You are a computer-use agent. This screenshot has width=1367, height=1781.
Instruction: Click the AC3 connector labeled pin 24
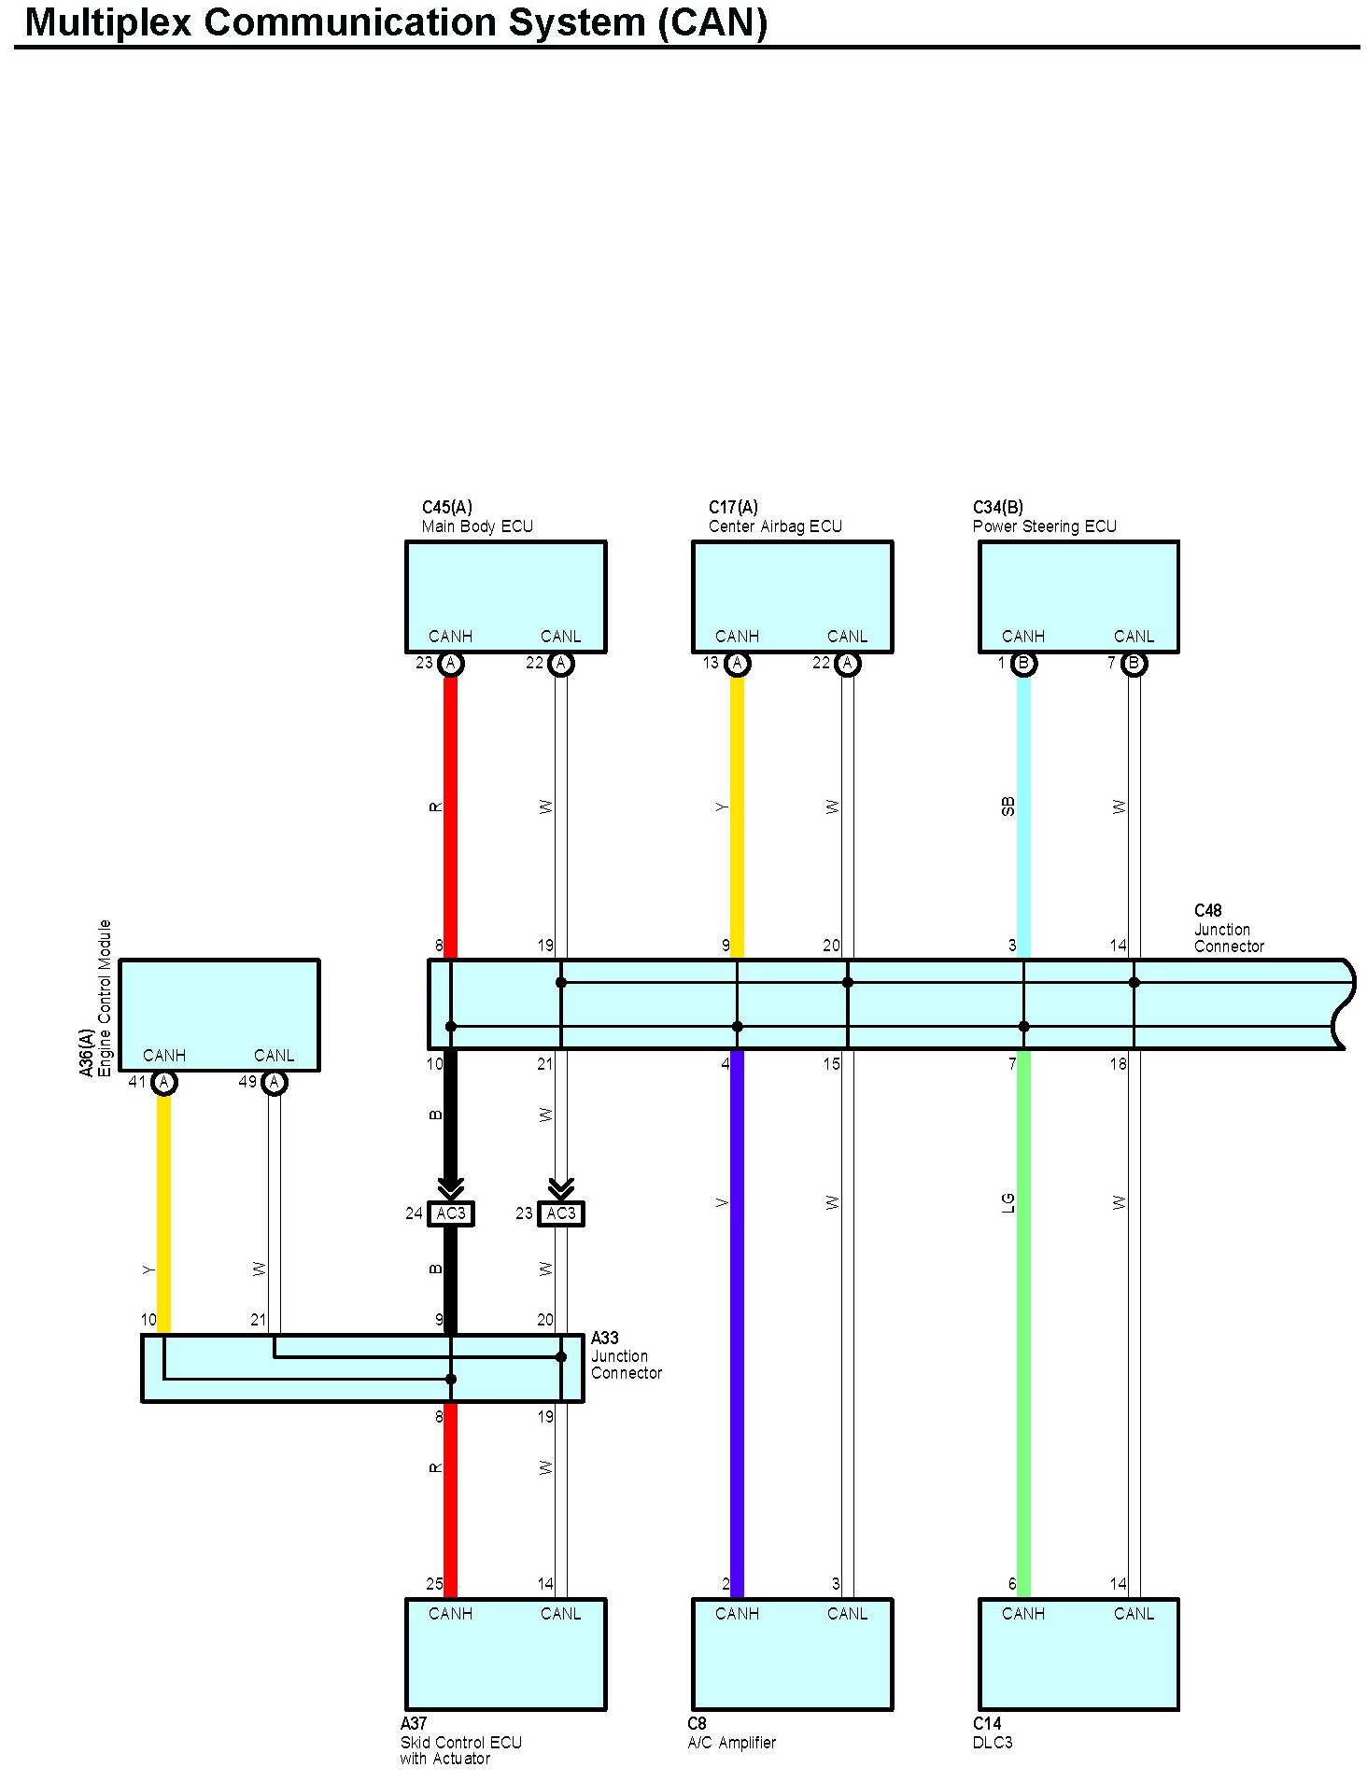(451, 1213)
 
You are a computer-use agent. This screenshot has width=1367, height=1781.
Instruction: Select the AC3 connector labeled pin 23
(561, 1213)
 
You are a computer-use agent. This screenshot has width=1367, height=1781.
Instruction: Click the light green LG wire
(1023, 1307)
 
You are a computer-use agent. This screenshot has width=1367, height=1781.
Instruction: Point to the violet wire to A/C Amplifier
(737, 1307)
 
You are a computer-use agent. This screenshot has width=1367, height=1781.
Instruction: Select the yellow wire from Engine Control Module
(164, 1213)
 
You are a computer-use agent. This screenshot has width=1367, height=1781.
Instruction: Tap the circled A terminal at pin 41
(164, 1083)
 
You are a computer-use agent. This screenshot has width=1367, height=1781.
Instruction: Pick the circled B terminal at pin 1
(1023, 664)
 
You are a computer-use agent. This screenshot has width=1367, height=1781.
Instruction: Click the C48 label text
(1207, 911)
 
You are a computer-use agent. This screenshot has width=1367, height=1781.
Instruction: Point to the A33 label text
(604, 1339)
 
